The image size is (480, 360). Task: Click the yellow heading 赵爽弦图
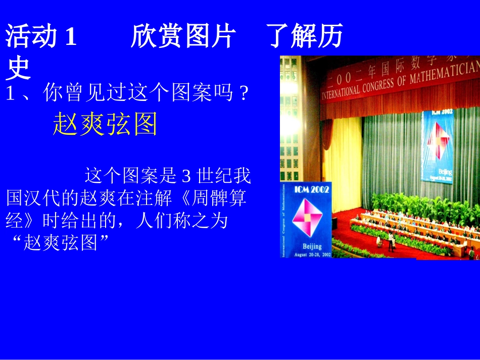tap(105, 124)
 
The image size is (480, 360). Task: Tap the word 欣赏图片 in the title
tap(182, 37)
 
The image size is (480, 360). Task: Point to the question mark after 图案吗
tap(245, 94)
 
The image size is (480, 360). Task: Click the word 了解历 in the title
tap(305, 37)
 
